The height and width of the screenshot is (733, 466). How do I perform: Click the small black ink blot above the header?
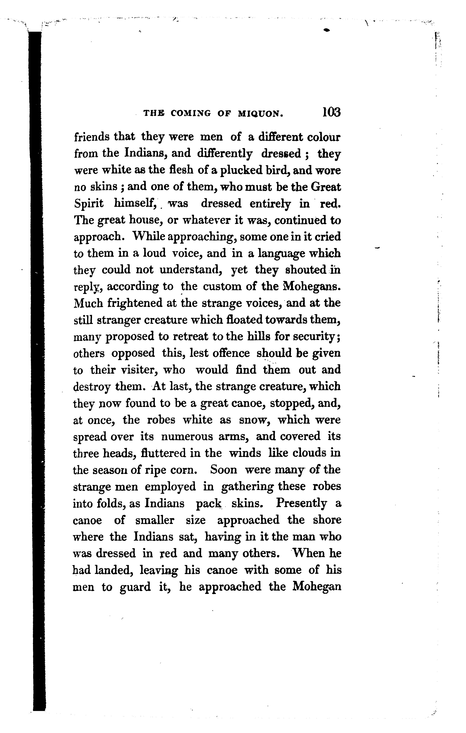[327, 31]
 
